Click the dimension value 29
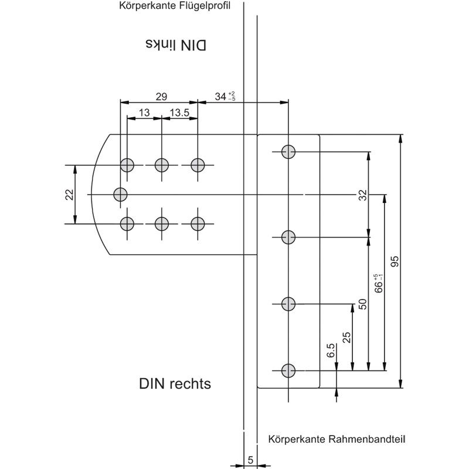click(x=161, y=97)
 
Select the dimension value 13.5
click(x=179, y=113)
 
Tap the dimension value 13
click(x=144, y=113)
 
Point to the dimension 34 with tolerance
click(x=225, y=96)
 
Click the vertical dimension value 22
click(x=69, y=195)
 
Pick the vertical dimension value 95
click(x=395, y=261)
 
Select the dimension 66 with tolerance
click(x=378, y=283)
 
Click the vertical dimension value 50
click(x=362, y=304)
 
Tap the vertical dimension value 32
click(x=362, y=195)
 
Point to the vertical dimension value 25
click(x=346, y=338)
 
